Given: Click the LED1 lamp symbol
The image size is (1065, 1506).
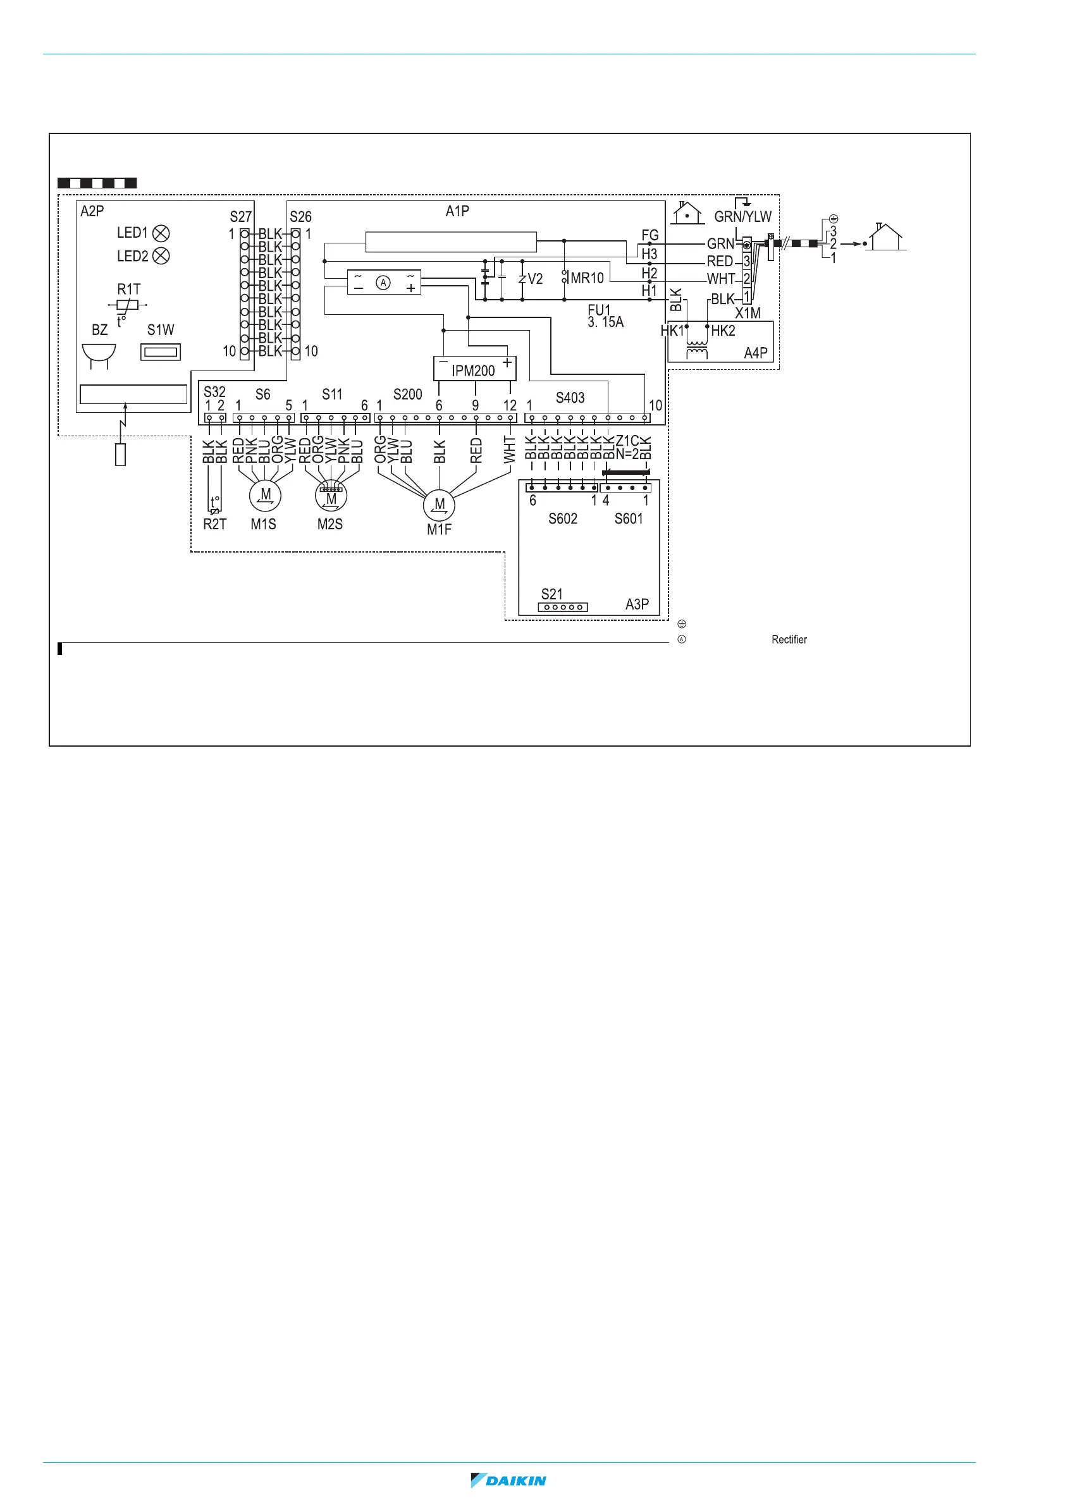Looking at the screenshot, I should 161,233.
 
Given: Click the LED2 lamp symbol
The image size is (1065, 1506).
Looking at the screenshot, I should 161,256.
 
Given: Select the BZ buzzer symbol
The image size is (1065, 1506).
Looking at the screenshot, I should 99,354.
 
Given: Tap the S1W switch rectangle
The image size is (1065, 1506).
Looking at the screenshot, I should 161,352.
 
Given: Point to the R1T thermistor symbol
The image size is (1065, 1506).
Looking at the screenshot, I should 127,305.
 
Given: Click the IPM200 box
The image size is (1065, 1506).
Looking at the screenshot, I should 474,369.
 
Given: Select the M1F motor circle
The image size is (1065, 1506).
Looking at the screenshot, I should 439,505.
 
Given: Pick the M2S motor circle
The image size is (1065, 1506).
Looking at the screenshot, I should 331,496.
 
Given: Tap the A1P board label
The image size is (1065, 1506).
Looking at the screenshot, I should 457,211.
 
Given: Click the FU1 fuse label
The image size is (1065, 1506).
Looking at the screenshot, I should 599,310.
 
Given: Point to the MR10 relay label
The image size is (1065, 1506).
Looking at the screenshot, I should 587,278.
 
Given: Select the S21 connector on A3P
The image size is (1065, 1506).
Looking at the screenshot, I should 562,607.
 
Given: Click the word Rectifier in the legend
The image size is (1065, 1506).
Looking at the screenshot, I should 789,640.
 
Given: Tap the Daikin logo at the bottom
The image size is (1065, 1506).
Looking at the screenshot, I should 508,1481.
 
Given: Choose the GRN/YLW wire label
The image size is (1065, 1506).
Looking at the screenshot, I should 742,216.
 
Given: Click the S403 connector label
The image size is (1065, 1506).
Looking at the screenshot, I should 570,398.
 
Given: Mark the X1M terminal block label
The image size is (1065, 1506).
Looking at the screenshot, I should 748,313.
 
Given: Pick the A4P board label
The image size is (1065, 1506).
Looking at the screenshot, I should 755,353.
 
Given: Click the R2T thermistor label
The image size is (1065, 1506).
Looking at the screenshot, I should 214,524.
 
